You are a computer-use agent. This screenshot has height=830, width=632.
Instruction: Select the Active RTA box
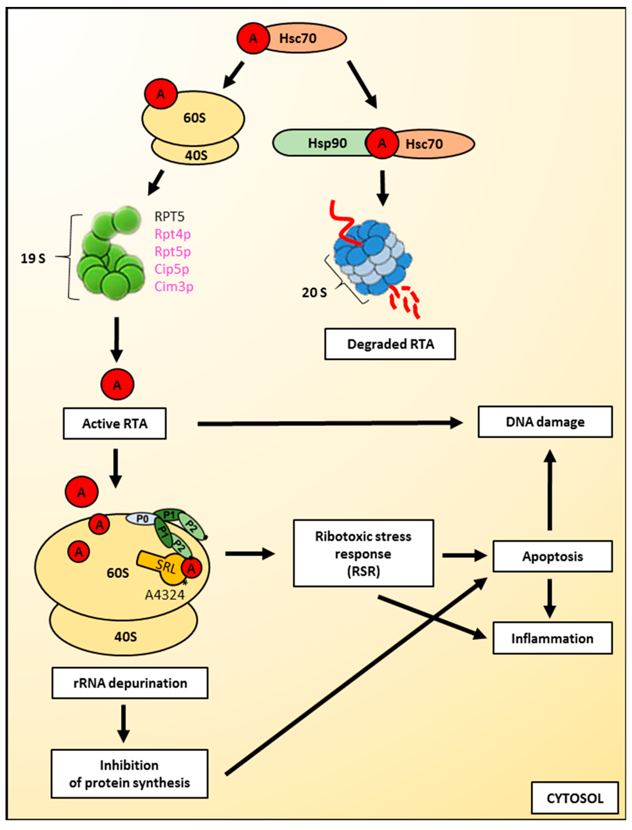point(114,424)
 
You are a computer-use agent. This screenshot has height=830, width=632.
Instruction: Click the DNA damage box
point(545,422)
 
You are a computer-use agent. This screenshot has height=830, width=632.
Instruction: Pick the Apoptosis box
point(552,556)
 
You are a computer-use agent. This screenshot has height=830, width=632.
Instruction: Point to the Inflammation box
point(552,638)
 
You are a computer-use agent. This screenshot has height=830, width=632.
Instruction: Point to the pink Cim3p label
point(174,287)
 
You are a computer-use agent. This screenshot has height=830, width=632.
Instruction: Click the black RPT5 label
point(169,217)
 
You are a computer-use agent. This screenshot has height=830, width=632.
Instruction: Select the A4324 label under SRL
point(165,595)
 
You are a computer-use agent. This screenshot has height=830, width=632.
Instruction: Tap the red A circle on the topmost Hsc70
point(253,38)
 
